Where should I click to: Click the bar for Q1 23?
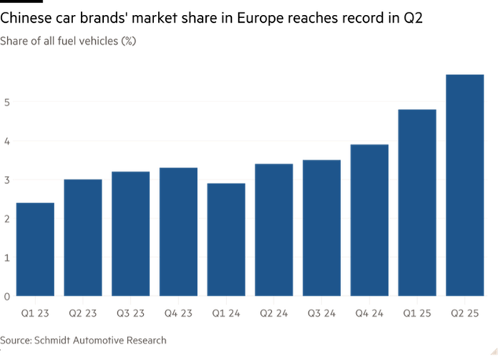pyautogui.click(x=35, y=249)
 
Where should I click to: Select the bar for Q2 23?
pyautogui.click(x=83, y=237)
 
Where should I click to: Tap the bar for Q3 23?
pyautogui.click(x=130, y=233)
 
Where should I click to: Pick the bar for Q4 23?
pyautogui.click(x=178, y=232)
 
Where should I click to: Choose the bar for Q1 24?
pyautogui.click(x=226, y=240)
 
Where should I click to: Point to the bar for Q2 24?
pyautogui.click(x=274, y=230)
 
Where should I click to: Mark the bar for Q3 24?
pyautogui.click(x=321, y=228)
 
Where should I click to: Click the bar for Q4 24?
pyautogui.click(x=369, y=220)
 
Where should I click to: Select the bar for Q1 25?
pyautogui.click(x=417, y=203)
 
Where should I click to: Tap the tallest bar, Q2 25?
pyautogui.click(x=465, y=185)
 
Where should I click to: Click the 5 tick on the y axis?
pyautogui.click(x=6, y=102)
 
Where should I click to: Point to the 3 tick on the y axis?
pyautogui.click(x=6, y=180)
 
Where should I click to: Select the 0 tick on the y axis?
pyautogui.click(x=6, y=296)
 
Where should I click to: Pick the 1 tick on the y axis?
pyautogui.click(x=6, y=258)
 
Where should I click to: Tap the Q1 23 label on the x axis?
pyautogui.click(x=35, y=313)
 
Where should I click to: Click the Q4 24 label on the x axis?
pyautogui.click(x=369, y=313)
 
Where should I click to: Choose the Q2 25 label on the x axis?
pyautogui.click(x=465, y=313)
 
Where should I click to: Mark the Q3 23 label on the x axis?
pyautogui.click(x=130, y=313)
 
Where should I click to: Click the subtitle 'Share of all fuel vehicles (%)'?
pyautogui.click(x=68, y=40)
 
